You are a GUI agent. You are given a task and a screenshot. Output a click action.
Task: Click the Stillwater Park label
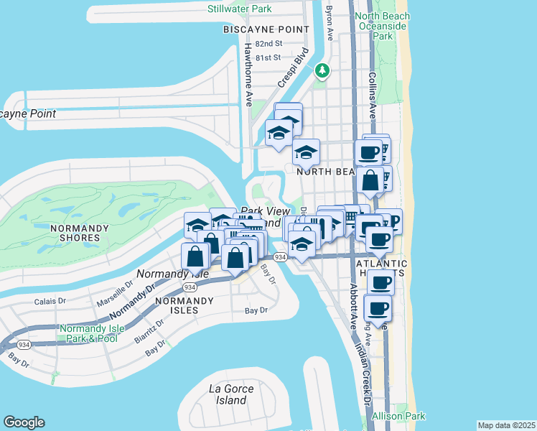(x=240, y=9)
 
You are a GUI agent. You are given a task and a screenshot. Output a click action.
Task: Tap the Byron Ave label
(x=330, y=22)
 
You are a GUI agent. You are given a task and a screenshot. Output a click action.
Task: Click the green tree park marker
(x=322, y=70)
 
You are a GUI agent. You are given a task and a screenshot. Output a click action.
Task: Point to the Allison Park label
(x=398, y=416)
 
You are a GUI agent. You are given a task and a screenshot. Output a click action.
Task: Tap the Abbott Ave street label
(x=352, y=302)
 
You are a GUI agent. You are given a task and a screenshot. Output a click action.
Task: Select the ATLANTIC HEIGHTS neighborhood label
(x=382, y=269)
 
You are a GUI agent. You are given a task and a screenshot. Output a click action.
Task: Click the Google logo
(x=24, y=422)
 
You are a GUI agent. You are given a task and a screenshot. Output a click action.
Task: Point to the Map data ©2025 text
(x=506, y=425)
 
